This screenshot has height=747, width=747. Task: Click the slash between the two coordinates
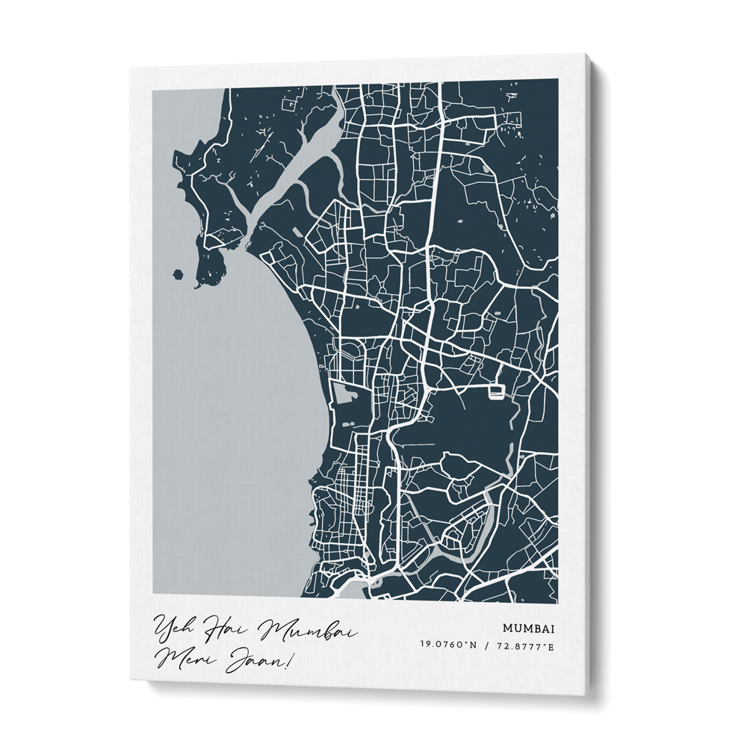[487, 645]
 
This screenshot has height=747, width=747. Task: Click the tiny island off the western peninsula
[177, 273]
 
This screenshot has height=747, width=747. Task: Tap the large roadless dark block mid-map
[463, 426]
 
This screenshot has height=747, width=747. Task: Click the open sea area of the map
[224, 418]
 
